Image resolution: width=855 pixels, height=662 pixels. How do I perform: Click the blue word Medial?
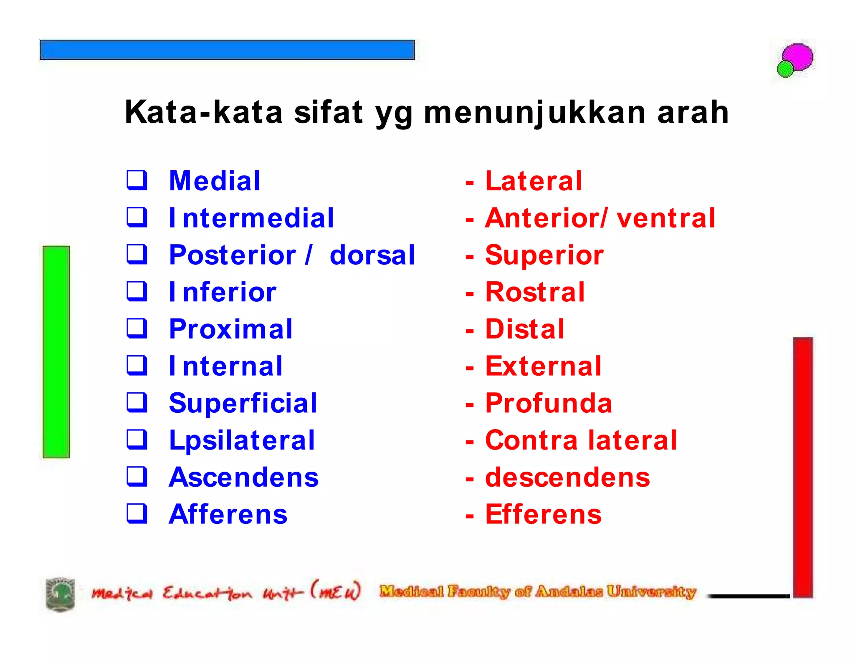(x=215, y=181)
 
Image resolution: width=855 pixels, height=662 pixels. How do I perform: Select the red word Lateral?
(x=533, y=181)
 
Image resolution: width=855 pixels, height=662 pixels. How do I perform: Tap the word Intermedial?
(x=251, y=218)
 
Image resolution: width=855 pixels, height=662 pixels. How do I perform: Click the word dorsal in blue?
(x=372, y=255)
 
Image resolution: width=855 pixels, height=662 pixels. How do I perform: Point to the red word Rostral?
(x=535, y=292)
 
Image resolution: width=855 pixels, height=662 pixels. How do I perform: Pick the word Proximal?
(x=231, y=329)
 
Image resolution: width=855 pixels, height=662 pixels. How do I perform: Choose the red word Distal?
(x=525, y=329)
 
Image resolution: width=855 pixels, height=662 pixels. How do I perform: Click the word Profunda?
(x=549, y=403)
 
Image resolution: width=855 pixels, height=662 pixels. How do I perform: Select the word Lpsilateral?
(x=242, y=440)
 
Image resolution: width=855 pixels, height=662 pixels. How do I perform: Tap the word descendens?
(x=567, y=477)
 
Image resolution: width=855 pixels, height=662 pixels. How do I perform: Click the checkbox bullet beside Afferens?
(x=137, y=513)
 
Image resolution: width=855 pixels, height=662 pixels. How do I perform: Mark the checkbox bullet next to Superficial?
(x=137, y=402)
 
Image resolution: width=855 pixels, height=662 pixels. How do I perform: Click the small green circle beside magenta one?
(x=785, y=69)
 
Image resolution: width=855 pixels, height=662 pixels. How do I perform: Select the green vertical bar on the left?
(x=56, y=351)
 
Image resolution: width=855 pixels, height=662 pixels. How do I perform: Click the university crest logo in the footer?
(x=60, y=594)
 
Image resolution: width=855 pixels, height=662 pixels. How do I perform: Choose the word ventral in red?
(x=666, y=218)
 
